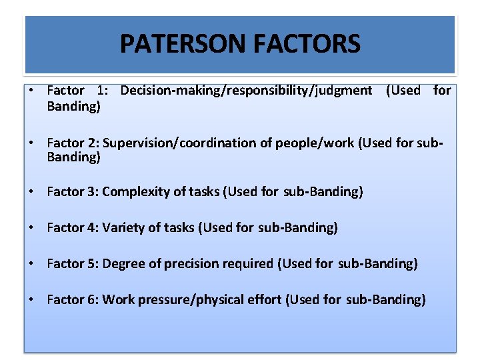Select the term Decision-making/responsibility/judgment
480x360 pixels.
[x=246, y=90]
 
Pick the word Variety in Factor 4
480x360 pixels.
[x=124, y=228]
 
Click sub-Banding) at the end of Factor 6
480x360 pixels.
[x=385, y=300]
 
